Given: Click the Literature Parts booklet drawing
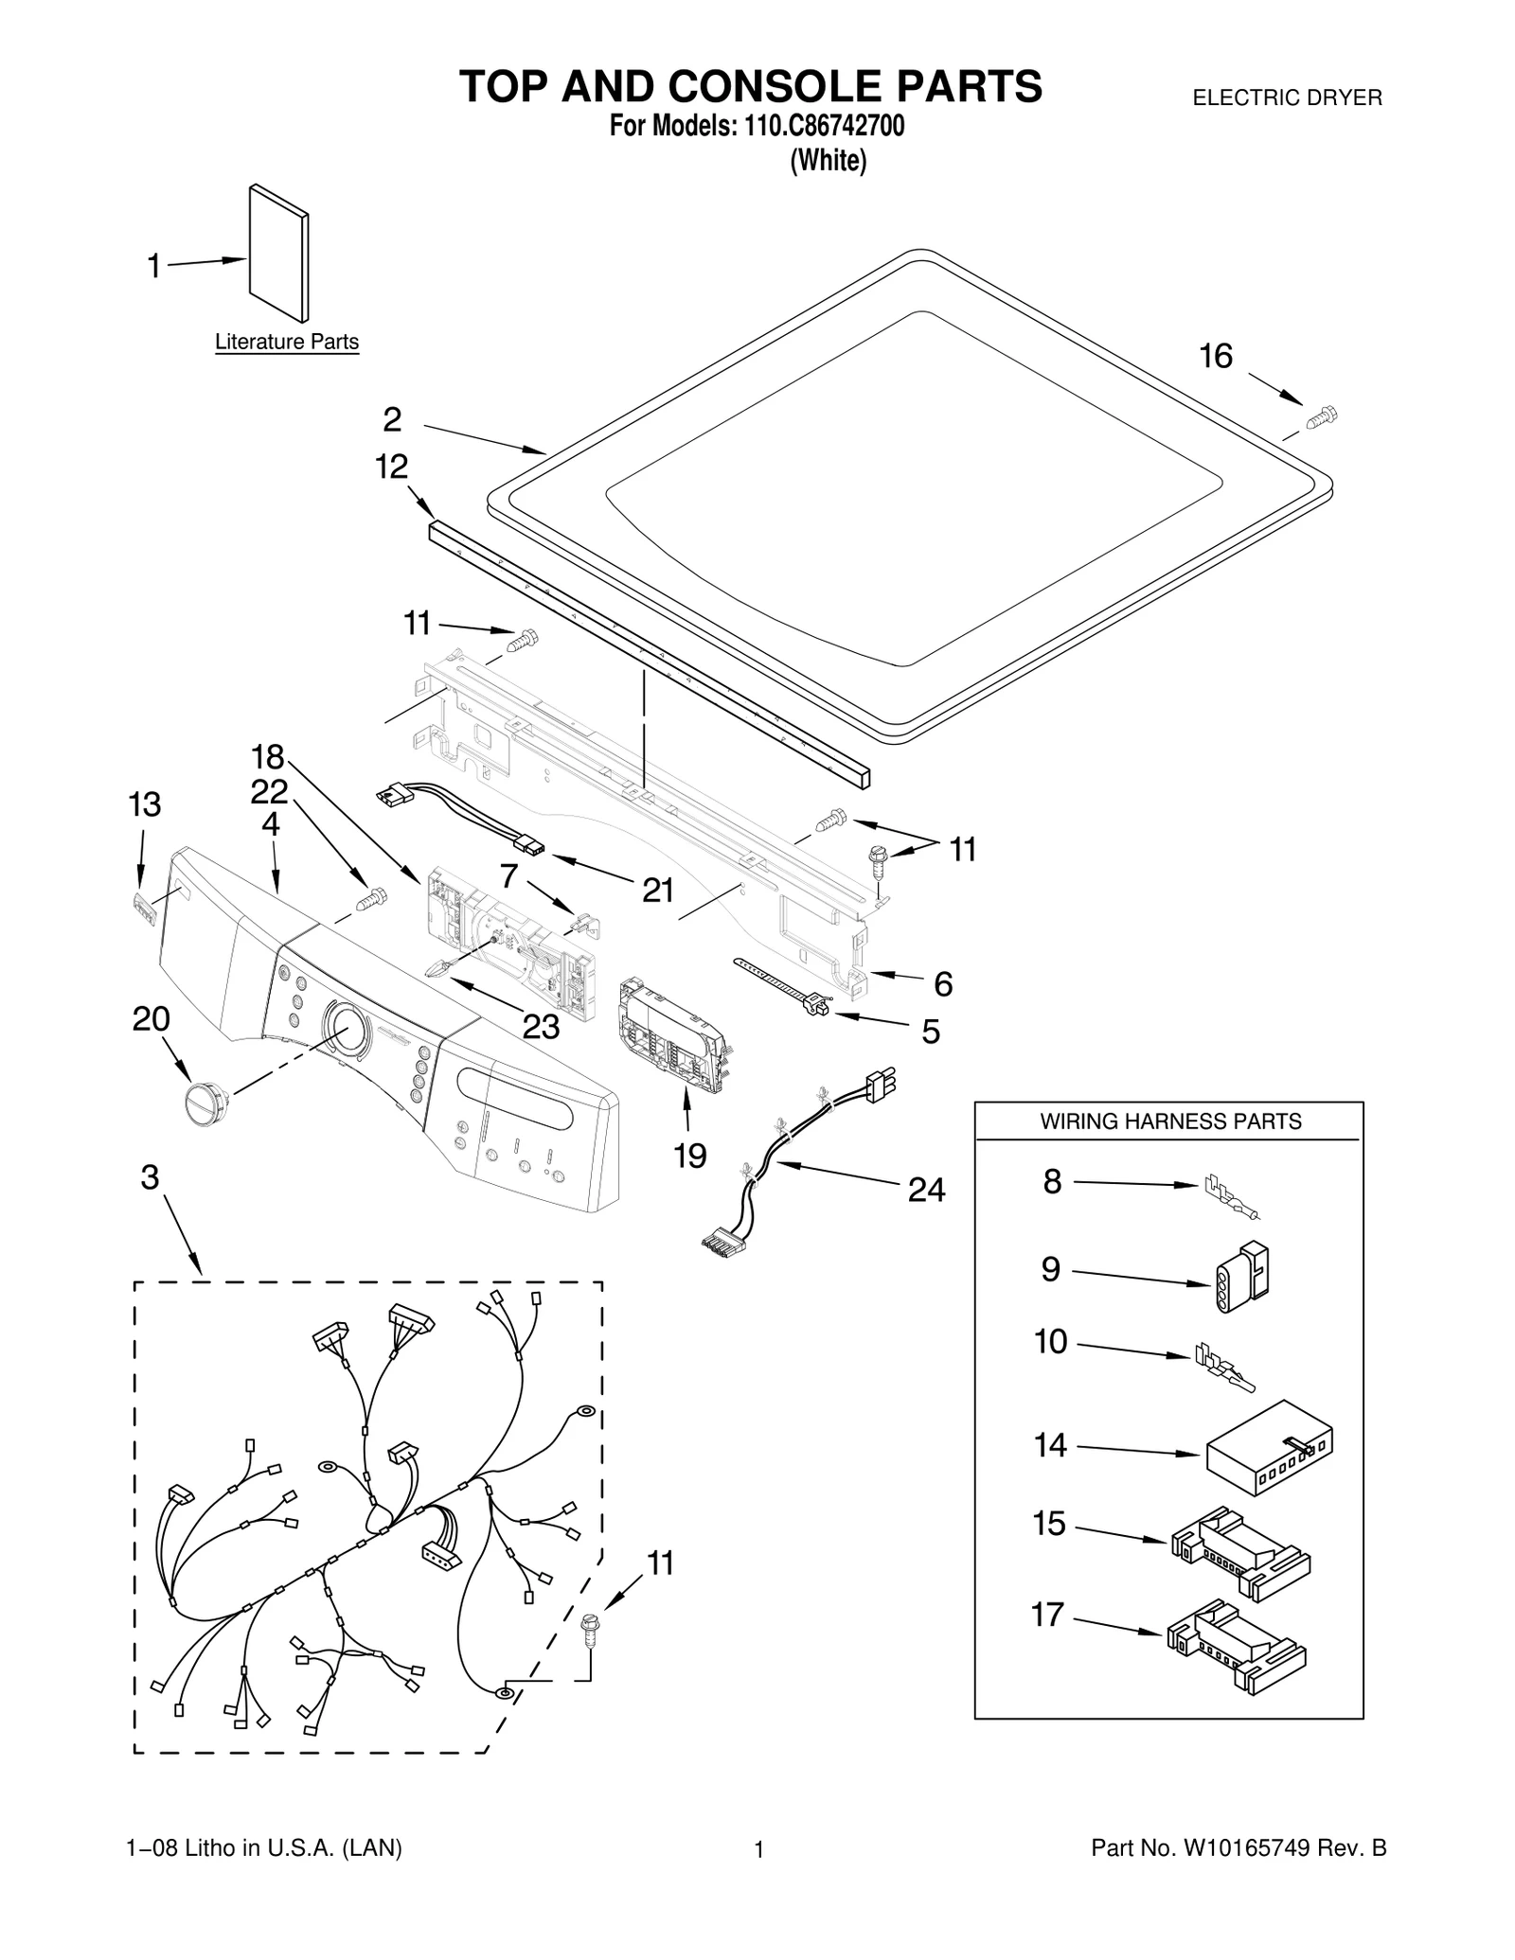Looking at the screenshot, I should pos(279,254).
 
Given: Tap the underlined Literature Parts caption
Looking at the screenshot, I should pos(287,342).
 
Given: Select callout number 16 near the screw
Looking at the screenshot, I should pos(1216,357).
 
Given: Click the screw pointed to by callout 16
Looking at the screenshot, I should pos(1323,416).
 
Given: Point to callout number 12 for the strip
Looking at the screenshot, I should pos(391,467).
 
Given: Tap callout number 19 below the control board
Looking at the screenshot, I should pos(690,1156).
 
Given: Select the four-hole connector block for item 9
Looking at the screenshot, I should pos(1240,1277).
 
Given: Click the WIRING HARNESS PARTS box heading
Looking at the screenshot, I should pos(1170,1121).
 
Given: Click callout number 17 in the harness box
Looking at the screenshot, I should pos(1048,1614).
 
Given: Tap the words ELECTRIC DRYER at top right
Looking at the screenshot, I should pos(1287,97).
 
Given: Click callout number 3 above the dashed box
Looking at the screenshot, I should pos(150,1177).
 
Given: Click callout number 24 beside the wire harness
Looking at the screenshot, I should pos(926,1190).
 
